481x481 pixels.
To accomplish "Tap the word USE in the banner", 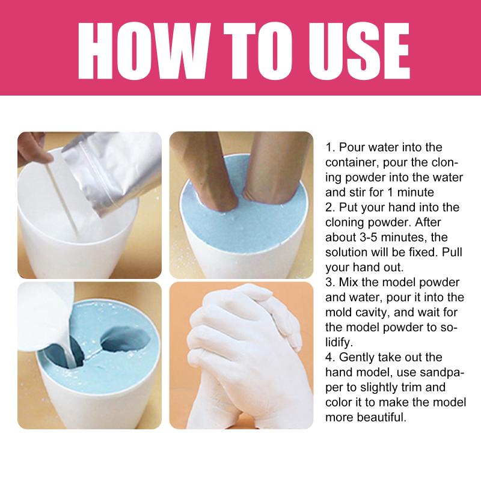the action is [359, 51].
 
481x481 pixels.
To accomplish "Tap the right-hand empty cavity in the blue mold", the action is [126, 339].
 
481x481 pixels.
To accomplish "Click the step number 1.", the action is [330, 147].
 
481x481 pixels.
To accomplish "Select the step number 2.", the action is [330, 207].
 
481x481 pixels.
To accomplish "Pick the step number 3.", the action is [330, 282].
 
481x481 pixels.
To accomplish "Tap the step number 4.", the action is [330, 357].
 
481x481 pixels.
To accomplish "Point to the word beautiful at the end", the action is [382, 417].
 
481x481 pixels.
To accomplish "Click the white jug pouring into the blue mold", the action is [43, 316].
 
